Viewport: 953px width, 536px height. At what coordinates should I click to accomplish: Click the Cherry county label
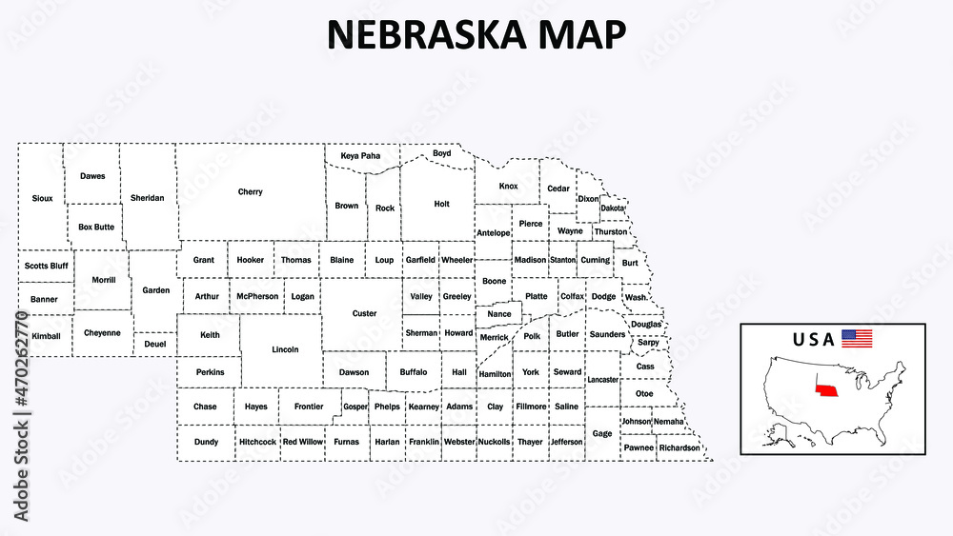[x=251, y=192]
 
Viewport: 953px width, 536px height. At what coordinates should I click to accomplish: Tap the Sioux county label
[x=42, y=198]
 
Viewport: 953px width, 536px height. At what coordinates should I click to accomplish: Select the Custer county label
[x=364, y=313]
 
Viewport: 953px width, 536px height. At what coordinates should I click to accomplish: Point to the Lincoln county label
[x=285, y=349]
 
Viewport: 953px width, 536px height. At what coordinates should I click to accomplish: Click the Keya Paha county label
[x=360, y=155]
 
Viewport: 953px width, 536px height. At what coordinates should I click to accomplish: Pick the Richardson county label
[x=679, y=447]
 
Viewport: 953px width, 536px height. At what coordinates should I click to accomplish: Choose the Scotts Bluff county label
[x=47, y=266]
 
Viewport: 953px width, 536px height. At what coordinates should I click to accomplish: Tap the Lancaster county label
[x=603, y=379]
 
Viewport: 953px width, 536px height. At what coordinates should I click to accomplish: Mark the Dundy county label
[x=206, y=442]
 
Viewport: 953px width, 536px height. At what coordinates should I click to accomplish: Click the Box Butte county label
[x=96, y=227]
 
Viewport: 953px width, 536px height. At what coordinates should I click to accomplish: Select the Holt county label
[x=441, y=203]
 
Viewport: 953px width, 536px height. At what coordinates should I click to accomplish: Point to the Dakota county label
[x=613, y=208]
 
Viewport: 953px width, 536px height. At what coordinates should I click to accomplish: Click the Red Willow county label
[x=303, y=442]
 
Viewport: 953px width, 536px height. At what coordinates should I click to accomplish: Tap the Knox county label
[x=509, y=187]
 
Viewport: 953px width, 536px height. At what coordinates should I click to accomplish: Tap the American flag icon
[x=857, y=338]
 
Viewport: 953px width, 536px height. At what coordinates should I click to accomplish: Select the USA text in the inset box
[x=813, y=339]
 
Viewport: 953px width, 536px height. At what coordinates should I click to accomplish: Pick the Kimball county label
[x=46, y=336]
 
